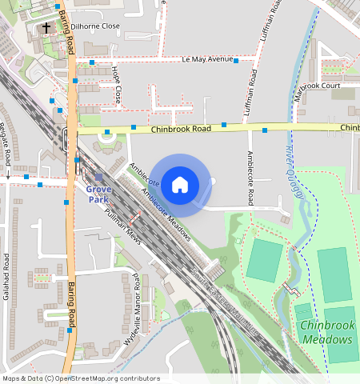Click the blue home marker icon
pos(180,185)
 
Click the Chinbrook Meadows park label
pos(327,332)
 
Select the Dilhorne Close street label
pos(95,26)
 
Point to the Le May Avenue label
pos(207,59)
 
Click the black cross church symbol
pos(46,28)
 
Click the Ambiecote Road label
pos(250,178)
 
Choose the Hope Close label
pos(117,86)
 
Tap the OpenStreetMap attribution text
pos(81,378)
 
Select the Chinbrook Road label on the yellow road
pos(182,128)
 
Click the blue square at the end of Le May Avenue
pos(236,60)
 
